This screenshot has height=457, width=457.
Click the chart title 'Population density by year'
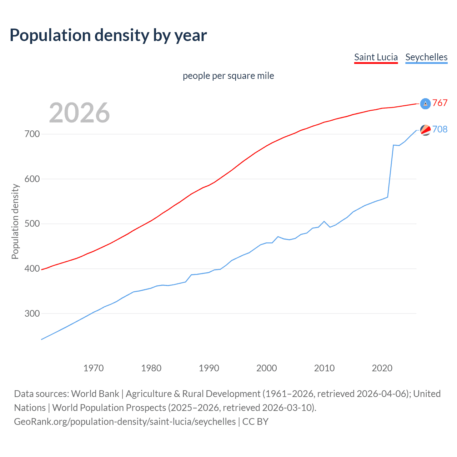[108, 35]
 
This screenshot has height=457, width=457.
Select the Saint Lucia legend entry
[376, 57]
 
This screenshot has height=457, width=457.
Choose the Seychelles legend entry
[426, 57]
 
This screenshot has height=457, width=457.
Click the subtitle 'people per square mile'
[228, 76]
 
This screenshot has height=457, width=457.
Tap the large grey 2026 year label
[79, 113]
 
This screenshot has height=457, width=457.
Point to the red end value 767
[440, 103]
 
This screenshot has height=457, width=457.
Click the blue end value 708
[440, 129]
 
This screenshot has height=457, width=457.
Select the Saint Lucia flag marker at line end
[425, 104]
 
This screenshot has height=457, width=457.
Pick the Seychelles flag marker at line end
[425, 130]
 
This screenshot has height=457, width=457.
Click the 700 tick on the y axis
[32, 134]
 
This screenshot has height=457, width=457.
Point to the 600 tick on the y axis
[32, 179]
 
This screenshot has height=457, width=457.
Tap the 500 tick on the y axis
[32, 224]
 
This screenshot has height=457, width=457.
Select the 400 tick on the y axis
[32, 268]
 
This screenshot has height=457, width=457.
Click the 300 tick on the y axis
[32, 313]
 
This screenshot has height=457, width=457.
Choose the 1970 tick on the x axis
[94, 368]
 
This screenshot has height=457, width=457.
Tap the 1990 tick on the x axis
[209, 368]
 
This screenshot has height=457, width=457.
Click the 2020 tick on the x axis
[382, 368]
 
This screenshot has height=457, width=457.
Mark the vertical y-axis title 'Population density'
[15, 221]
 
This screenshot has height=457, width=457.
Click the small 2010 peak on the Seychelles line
[324, 221]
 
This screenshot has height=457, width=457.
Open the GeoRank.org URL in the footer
[125, 422]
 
